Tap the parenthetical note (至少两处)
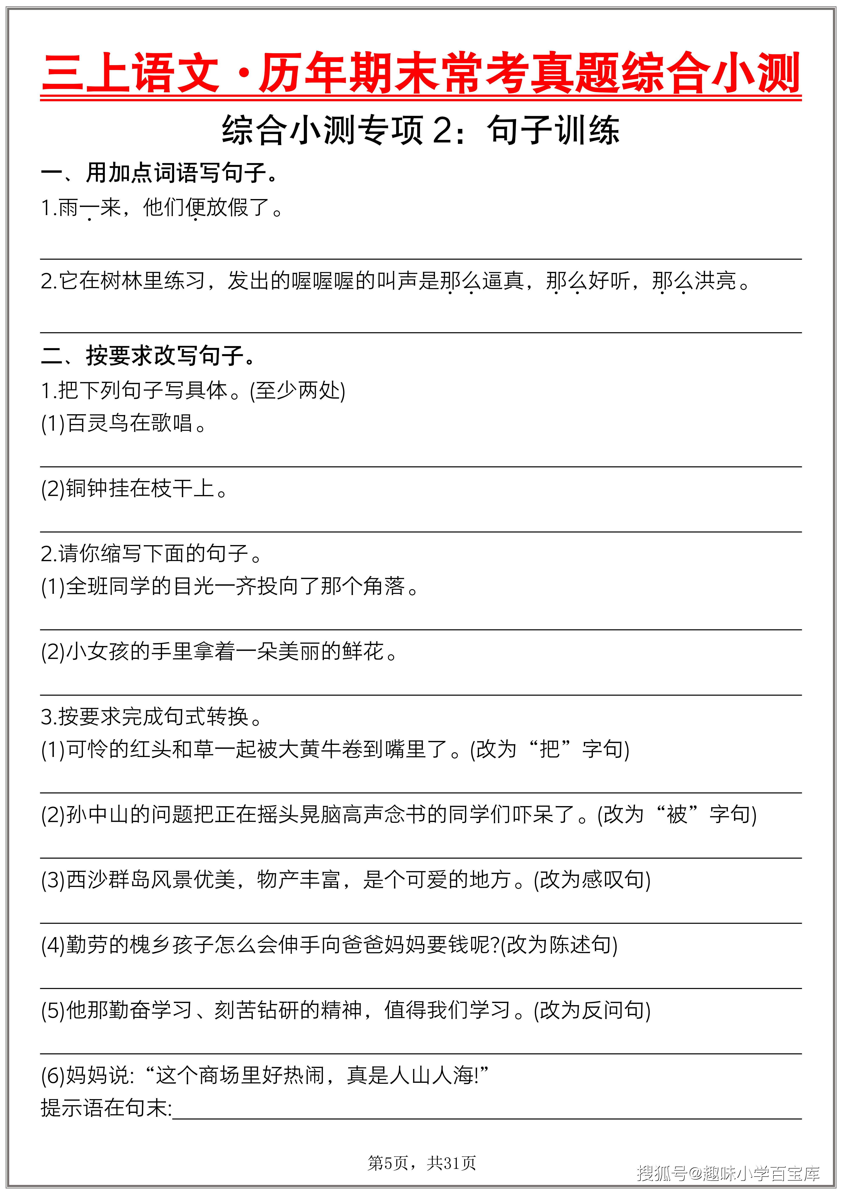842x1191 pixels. pyautogui.click(x=298, y=391)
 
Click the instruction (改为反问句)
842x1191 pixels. pyautogui.click(x=592, y=1010)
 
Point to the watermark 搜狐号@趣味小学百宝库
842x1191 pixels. pyautogui.click(x=728, y=1173)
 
